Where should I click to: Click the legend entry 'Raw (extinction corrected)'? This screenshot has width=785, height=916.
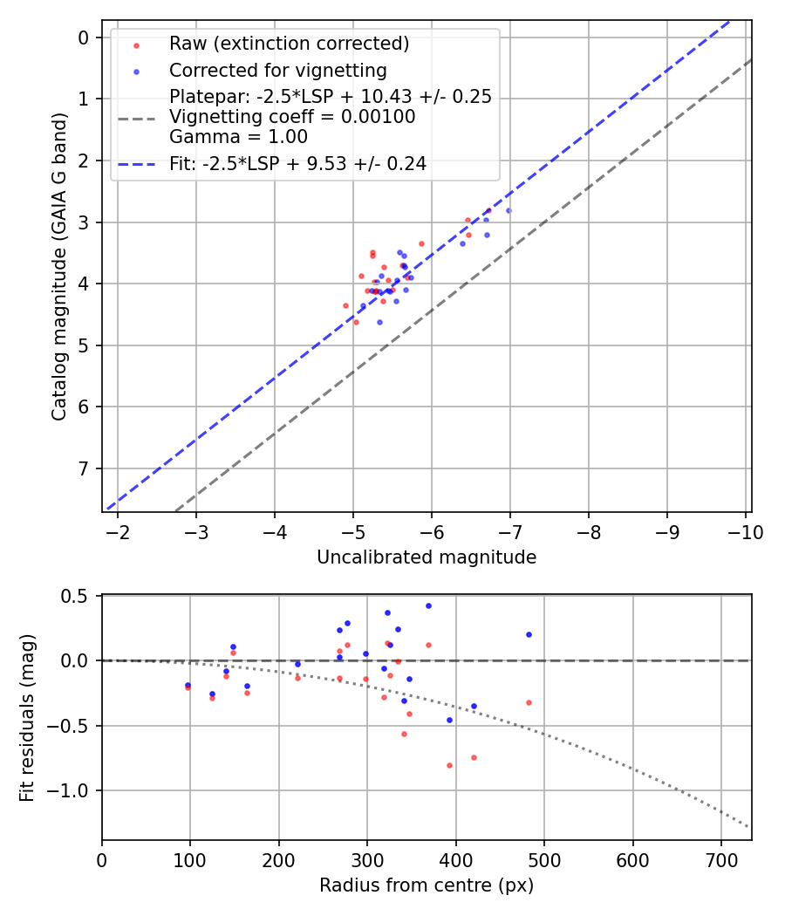pyautogui.click(x=289, y=44)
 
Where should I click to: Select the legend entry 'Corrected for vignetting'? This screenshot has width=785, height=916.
pyautogui.click(x=277, y=70)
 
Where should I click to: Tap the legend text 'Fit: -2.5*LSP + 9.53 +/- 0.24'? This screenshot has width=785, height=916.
pyautogui.click(x=297, y=163)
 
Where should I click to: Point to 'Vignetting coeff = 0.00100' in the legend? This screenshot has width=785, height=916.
pyautogui.click(x=292, y=116)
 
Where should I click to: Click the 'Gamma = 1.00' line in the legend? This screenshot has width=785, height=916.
pyautogui.click(x=238, y=136)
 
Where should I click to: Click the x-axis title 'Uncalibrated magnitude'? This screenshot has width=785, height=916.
pyautogui.click(x=427, y=557)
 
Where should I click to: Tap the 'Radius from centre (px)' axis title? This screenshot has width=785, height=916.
pyautogui.click(x=427, y=885)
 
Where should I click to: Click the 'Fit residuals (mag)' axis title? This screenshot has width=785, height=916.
pyautogui.click(x=28, y=718)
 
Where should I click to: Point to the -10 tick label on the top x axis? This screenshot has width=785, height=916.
pyautogui.click(x=746, y=531)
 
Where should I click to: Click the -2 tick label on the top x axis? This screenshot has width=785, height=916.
pyautogui.click(x=118, y=531)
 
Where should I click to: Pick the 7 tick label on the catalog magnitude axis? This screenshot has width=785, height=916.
pyautogui.click(x=84, y=468)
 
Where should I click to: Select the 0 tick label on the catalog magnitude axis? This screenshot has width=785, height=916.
pyautogui.click(x=84, y=38)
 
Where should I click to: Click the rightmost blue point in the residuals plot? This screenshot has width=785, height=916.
pyautogui.click(x=529, y=634)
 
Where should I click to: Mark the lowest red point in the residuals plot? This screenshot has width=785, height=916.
pyautogui.click(x=449, y=765)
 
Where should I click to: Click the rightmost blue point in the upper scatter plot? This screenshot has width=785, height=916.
pyautogui.click(x=509, y=210)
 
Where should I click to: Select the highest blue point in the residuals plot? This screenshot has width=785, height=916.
pyautogui.click(x=428, y=605)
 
